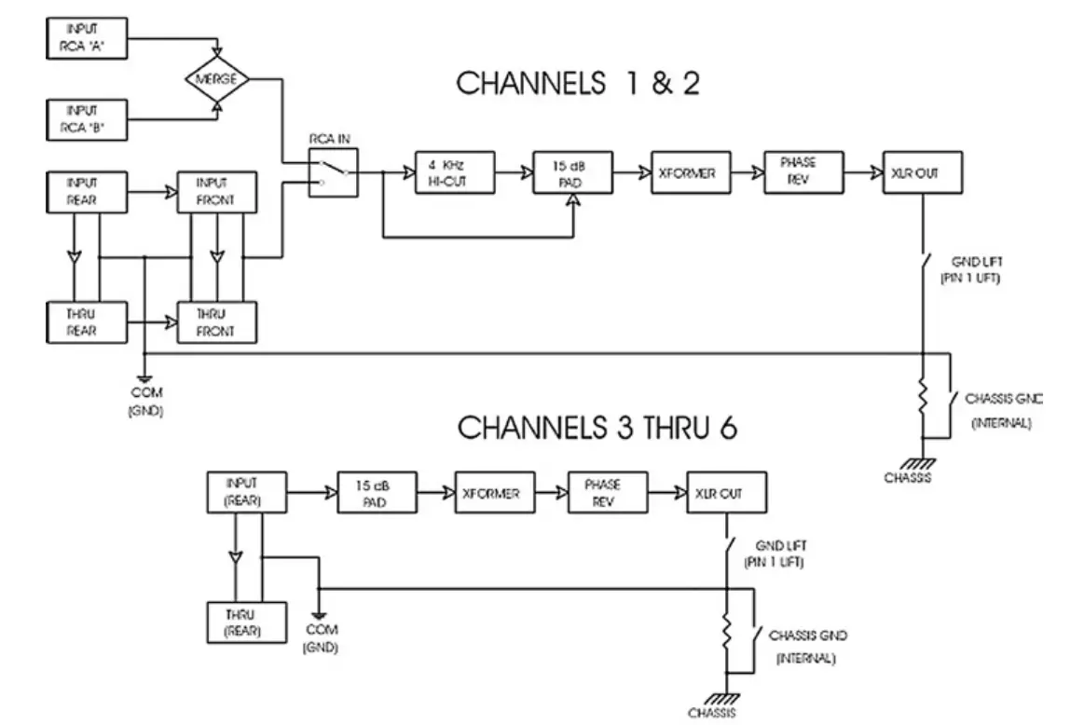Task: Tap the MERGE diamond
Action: (216, 79)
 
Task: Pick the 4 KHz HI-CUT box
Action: (454, 171)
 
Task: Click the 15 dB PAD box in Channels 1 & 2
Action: (572, 171)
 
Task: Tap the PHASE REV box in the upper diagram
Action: (803, 171)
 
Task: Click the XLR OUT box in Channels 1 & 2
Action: (921, 171)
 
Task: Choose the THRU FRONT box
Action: (216, 322)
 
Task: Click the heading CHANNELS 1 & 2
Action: (578, 84)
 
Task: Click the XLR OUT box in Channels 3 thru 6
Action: (726, 493)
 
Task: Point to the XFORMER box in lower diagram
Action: (495, 493)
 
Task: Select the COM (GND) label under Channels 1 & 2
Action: (145, 402)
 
